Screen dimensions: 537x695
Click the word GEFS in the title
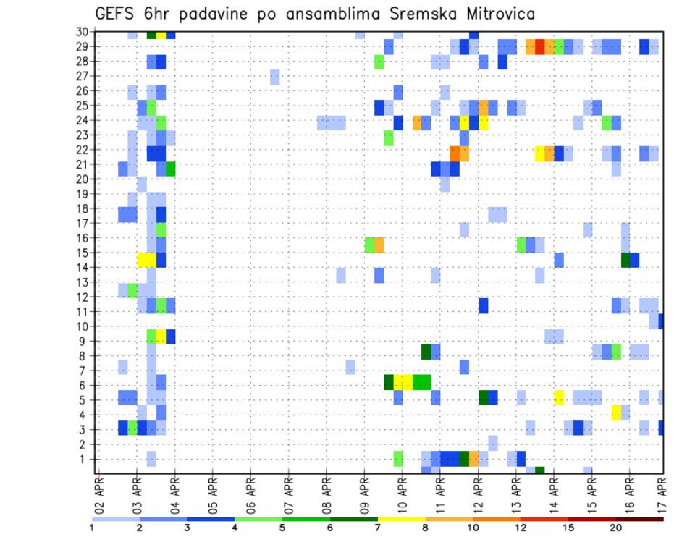point(117,14)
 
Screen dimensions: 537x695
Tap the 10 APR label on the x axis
point(402,494)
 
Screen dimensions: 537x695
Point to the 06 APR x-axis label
point(250,494)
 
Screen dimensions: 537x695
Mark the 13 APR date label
point(515,494)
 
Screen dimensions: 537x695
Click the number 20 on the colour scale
point(615,528)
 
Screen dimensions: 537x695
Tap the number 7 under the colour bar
point(377,528)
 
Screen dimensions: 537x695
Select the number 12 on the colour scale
point(521,528)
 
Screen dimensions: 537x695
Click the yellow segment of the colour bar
point(401,519)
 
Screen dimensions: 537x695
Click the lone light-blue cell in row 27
point(275,77)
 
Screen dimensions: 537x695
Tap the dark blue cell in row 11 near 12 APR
point(483,305)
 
